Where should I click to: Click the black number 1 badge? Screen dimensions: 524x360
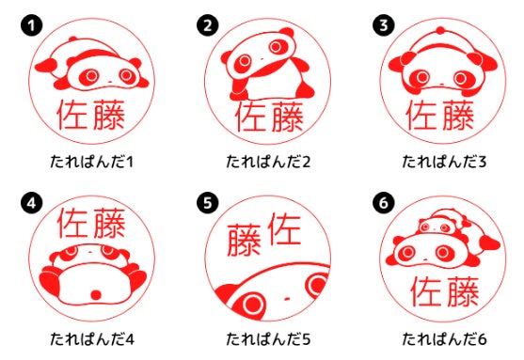(x=31, y=25)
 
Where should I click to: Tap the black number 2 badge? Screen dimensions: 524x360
(x=208, y=25)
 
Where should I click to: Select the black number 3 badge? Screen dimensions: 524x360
(x=384, y=25)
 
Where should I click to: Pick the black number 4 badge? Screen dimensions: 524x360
(x=31, y=203)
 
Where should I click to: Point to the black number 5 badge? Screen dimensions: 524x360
(x=208, y=203)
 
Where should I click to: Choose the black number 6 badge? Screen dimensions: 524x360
(x=384, y=203)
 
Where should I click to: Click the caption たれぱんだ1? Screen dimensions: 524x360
(x=91, y=162)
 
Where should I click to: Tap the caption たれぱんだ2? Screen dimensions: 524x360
(x=268, y=162)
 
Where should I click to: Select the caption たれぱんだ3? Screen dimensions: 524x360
(x=444, y=162)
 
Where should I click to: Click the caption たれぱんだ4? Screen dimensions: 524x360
(x=92, y=339)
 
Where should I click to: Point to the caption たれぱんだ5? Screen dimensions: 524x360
(x=268, y=339)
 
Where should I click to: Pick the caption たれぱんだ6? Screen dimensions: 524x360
(x=444, y=339)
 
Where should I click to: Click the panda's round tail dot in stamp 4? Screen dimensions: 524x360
(x=96, y=295)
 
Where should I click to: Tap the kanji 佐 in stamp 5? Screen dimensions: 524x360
(x=285, y=228)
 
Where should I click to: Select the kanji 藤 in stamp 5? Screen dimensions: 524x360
(x=244, y=240)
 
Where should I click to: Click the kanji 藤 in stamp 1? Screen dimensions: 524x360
(x=109, y=115)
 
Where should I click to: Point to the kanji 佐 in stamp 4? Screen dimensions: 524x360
(x=72, y=223)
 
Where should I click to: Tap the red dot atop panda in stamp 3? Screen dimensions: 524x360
(x=441, y=31)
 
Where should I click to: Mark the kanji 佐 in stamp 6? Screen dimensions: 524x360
(x=426, y=291)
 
